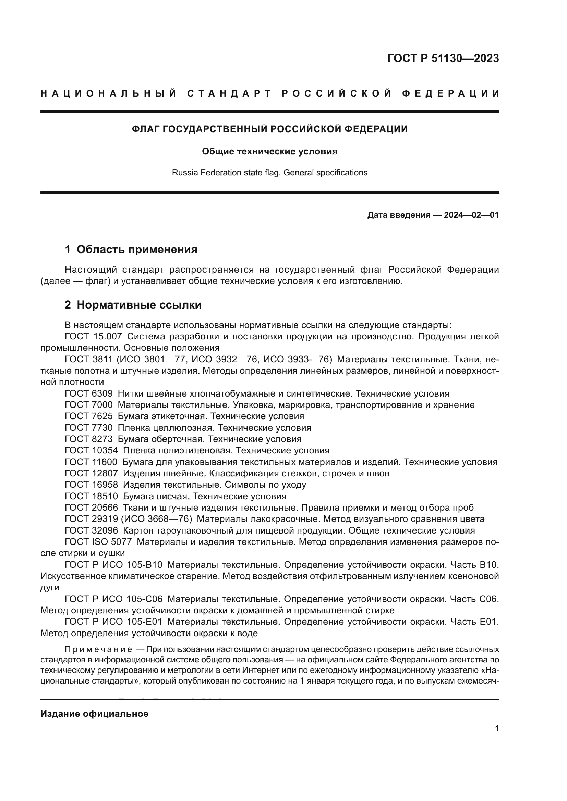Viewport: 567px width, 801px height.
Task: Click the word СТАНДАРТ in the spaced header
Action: (229, 93)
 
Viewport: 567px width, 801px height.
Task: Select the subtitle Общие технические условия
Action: (269, 151)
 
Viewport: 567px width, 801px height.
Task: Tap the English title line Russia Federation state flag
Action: (269, 173)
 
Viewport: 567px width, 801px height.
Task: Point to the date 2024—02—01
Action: (471, 215)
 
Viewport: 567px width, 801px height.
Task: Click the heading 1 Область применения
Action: (131, 249)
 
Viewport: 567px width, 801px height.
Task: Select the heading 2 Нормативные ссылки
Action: (133, 305)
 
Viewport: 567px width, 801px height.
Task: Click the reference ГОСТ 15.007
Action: (93, 336)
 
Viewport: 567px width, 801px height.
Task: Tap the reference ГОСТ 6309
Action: (89, 393)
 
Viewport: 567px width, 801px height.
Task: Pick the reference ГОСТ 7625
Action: (89, 416)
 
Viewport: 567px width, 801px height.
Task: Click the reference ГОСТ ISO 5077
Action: (98, 542)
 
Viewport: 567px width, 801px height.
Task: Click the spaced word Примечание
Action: (98, 650)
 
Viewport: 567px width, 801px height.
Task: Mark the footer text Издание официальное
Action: (94, 714)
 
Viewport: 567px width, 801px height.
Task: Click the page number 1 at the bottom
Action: (496, 729)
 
